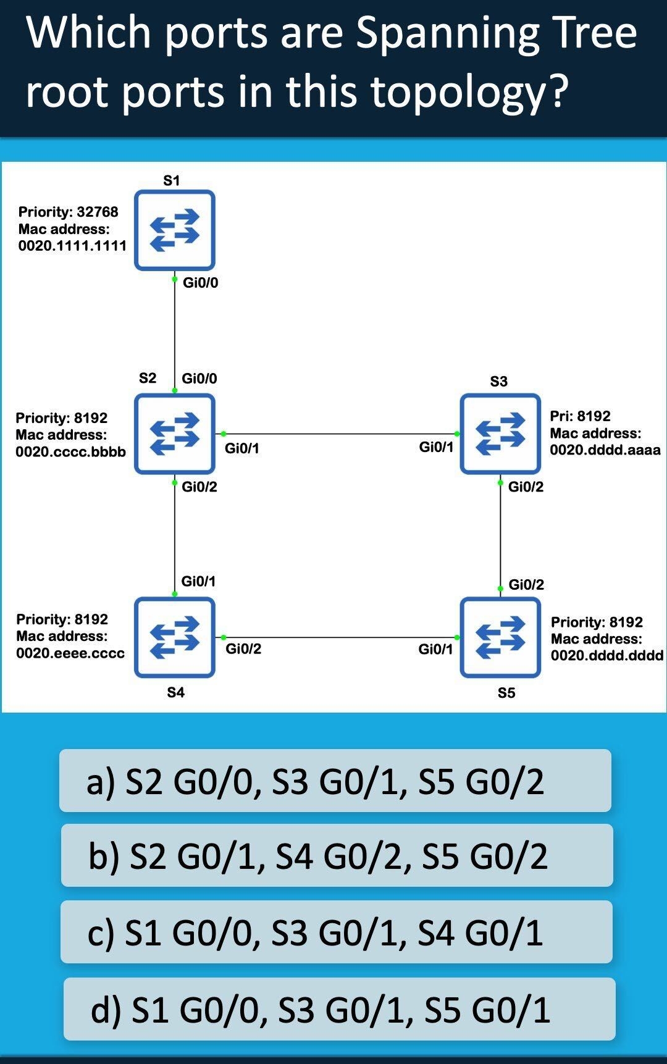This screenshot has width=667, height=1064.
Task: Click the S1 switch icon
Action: point(175,230)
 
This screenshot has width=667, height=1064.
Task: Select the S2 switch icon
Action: point(175,434)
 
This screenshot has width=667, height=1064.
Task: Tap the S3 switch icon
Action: point(500,434)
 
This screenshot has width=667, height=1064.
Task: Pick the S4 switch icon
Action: point(175,637)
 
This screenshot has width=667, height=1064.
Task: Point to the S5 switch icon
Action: point(500,637)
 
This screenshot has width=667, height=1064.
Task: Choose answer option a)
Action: point(335,781)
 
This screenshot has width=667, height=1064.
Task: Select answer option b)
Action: point(337,856)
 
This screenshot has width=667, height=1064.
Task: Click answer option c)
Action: point(336,932)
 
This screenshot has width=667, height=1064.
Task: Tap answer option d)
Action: point(339,1009)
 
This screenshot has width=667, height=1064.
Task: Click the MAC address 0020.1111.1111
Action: point(72,246)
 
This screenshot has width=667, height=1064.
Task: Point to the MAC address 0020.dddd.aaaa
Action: point(605,450)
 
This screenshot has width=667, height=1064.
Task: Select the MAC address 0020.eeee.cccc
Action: point(70,653)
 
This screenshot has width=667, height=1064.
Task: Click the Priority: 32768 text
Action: point(68,212)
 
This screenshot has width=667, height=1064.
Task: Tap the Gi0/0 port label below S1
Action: point(200,283)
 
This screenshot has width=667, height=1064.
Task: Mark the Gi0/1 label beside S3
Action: point(436,447)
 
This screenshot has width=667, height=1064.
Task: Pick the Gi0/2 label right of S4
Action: point(243,649)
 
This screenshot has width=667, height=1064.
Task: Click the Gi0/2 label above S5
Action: point(526,585)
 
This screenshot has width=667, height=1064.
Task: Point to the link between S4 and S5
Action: point(340,637)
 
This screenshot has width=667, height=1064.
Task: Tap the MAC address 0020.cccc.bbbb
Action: point(70,451)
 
